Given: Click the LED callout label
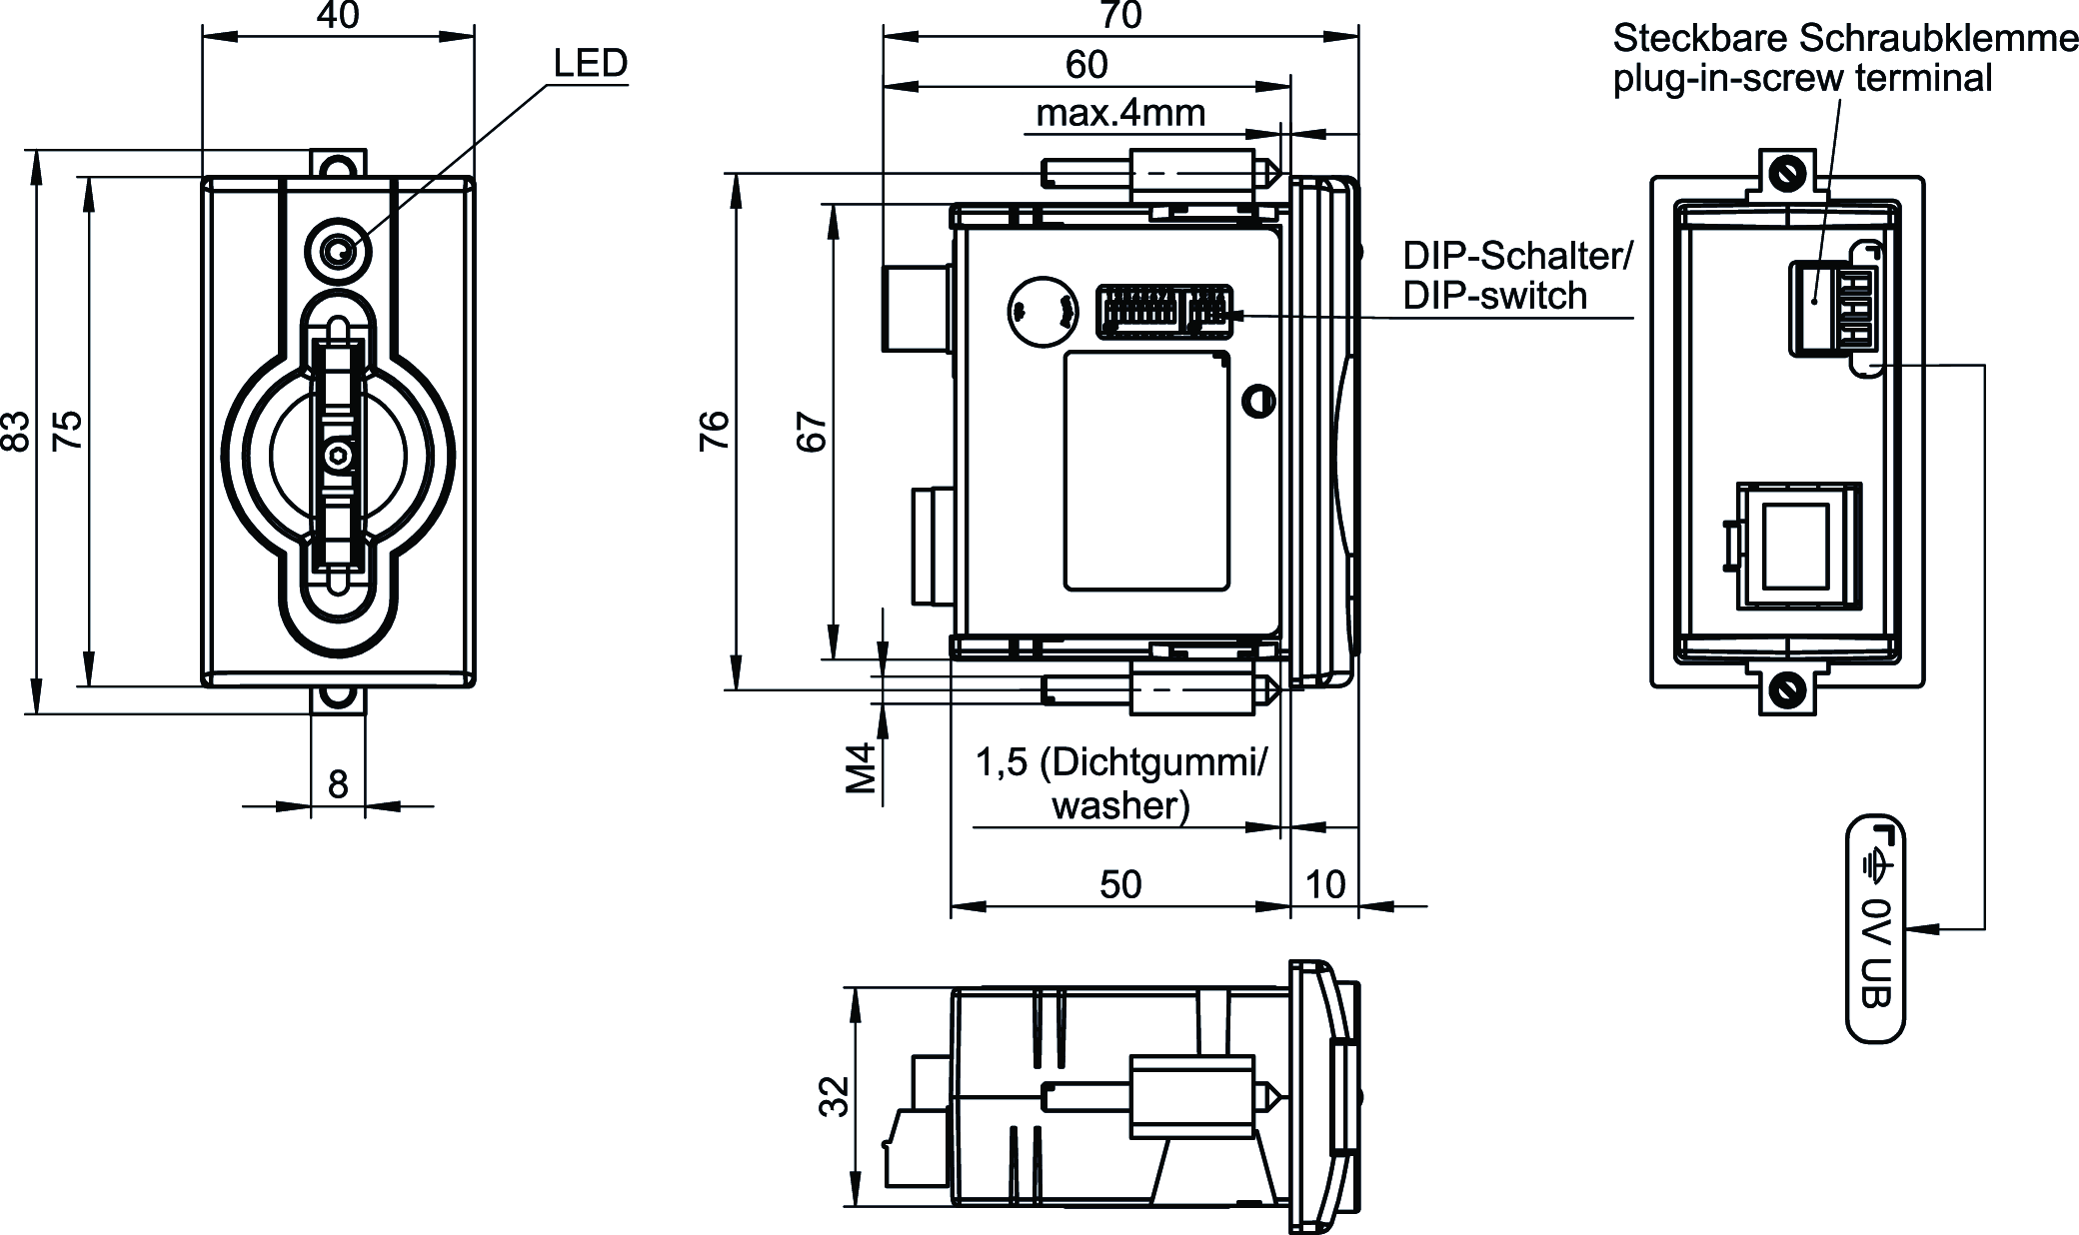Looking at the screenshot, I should point(591,64).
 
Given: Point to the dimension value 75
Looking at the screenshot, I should point(68,432).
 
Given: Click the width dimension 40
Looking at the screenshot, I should point(338,16).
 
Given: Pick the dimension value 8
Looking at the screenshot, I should point(338,784).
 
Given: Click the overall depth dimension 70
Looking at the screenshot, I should point(1119,16).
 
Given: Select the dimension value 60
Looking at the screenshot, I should point(1086,65).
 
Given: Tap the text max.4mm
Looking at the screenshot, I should point(1120,114).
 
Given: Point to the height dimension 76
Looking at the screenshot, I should point(716,432).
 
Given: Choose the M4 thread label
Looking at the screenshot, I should point(862,767).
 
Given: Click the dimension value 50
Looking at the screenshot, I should point(1120,884).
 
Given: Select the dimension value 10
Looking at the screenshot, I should point(1325,884).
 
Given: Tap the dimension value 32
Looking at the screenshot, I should point(834,1095).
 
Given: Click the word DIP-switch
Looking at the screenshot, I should point(1494,296).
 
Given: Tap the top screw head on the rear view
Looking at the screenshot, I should point(1785,173).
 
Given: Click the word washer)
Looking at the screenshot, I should point(1120,805).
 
